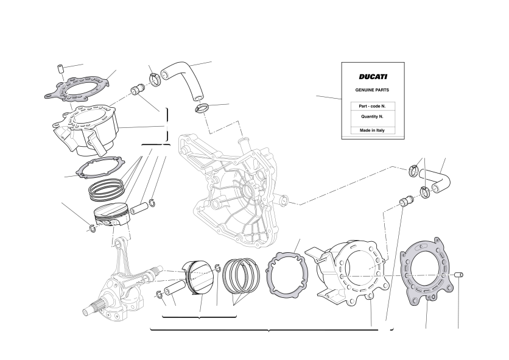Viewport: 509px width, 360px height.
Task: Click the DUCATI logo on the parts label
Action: (373, 77)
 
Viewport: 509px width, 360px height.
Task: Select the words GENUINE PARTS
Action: (372, 90)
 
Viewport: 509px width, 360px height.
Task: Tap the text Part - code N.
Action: (373, 106)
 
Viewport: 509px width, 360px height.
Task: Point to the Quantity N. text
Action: (373, 116)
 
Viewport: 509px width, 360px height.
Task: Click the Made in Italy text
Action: (372, 130)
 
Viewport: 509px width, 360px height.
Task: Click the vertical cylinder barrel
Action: (86, 130)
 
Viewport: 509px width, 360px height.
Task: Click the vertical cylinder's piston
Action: (111, 214)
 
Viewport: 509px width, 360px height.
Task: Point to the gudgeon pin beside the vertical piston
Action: (139, 208)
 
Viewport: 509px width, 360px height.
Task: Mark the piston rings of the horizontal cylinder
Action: (241, 275)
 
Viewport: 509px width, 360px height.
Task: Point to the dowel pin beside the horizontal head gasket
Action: (458, 275)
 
